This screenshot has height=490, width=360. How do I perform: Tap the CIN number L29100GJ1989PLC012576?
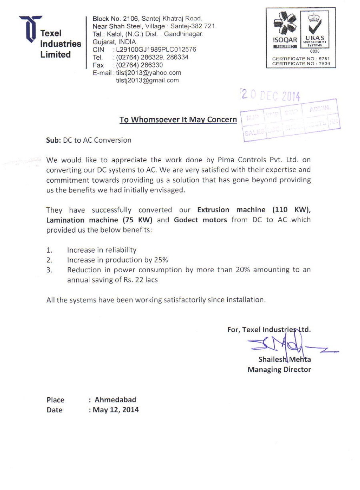[x=156, y=50]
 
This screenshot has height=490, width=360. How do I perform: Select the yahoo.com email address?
[x=148, y=73]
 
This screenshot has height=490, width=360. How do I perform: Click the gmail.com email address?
[x=147, y=80]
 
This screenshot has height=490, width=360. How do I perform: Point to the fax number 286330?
[x=140, y=65]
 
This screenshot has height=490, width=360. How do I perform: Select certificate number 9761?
[x=324, y=59]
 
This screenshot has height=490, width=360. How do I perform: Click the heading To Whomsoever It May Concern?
[x=178, y=120]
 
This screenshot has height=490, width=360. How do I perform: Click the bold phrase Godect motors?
[x=200, y=220]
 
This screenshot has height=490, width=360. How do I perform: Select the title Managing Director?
[x=279, y=370]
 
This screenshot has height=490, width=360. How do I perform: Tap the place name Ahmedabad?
[x=115, y=400]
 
